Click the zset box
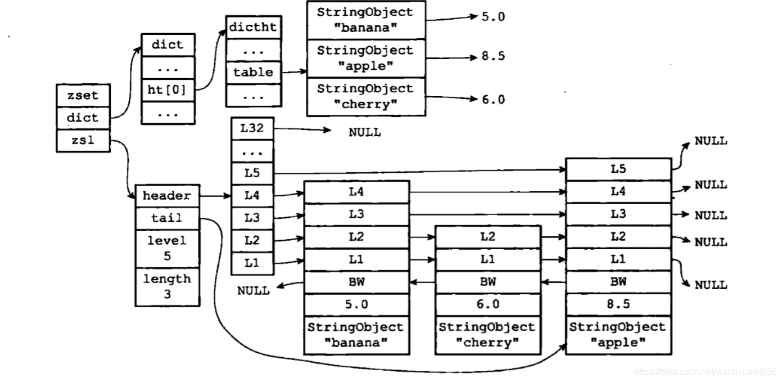click(83, 96)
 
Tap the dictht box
click(253, 26)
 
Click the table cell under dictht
click(253, 72)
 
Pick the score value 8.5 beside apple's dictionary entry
click(493, 56)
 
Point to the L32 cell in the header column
click(251, 128)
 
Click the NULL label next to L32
click(364, 133)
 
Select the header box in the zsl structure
click(167, 196)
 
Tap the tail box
click(167, 218)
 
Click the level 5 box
click(167, 248)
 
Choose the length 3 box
click(167, 286)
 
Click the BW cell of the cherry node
click(487, 282)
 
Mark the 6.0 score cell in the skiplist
click(487, 304)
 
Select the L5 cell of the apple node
click(618, 169)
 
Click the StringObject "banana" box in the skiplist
click(356, 334)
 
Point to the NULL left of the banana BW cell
click(253, 290)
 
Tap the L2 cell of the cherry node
click(487, 236)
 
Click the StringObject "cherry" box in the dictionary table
click(365, 96)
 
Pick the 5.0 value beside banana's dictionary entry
click(493, 17)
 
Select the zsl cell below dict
click(83, 141)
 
